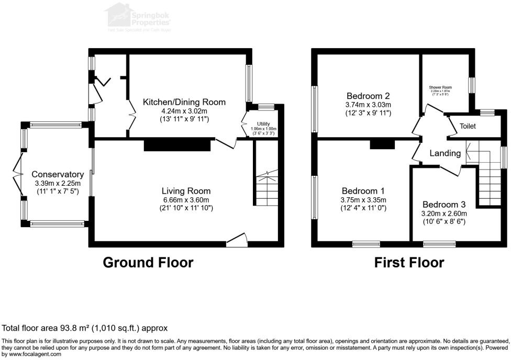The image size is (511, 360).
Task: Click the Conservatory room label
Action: click(x=58, y=174)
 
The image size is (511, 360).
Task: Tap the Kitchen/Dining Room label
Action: click(x=184, y=102)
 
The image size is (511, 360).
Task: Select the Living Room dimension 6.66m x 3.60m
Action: click(x=186, y=199)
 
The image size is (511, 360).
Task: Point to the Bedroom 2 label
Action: click(x=368, y=96)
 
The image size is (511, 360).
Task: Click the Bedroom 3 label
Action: click(x=444, y=204)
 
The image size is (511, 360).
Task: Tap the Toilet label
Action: click(x=468, y=127)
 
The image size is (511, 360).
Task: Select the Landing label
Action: click(x=445, y=153)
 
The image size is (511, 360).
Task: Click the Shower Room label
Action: click(x=440, y=87)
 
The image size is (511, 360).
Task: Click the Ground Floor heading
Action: click(x=148, y=262)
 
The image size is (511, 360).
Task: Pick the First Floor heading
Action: click(x=409, y=262)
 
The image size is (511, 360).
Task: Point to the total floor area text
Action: click(x=85, y=328)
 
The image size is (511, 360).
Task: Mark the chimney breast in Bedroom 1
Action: click(x=382, y=144)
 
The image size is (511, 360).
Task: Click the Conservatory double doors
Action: click(x=17, y=174)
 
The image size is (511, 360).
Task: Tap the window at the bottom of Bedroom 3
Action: click(x=439, y=243)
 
